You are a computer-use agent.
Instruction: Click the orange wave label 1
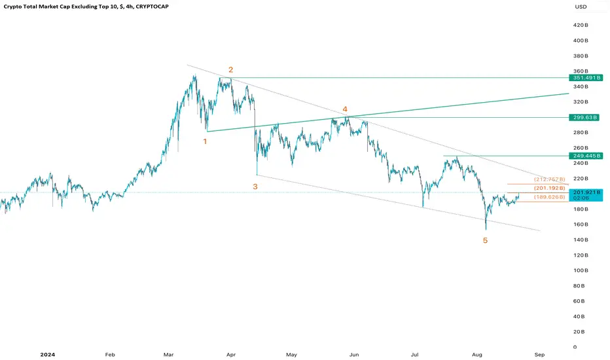click(205, 141)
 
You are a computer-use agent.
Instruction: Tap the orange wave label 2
click(230, 69)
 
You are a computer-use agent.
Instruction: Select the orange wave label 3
click(255, 187)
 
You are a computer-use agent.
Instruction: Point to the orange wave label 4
click(345, 109)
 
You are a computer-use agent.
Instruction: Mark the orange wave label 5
click(485, 240)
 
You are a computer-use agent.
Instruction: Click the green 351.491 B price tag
click(586, 78)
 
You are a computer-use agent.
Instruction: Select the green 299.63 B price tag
click(584, 118)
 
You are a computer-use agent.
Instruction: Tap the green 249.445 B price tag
click(586, 156)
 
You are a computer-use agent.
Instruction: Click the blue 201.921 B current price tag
click(586, 192)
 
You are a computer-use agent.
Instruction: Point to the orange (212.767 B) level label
click(549, 179)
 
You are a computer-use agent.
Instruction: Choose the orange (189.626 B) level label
click(549, 197)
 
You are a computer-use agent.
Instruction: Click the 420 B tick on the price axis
click(581, 25)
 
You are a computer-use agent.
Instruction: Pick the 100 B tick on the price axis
click(581, 270)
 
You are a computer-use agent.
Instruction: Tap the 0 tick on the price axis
click(575, 347)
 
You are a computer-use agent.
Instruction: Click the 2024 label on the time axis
click(48, 355)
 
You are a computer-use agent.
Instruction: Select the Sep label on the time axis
click(539, 355)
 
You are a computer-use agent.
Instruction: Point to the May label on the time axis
click(291, 355)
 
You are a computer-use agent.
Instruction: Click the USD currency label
click(581, 7)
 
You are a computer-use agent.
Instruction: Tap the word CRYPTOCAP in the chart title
click(152, 7)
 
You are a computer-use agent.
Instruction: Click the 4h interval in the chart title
click(129, 7)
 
